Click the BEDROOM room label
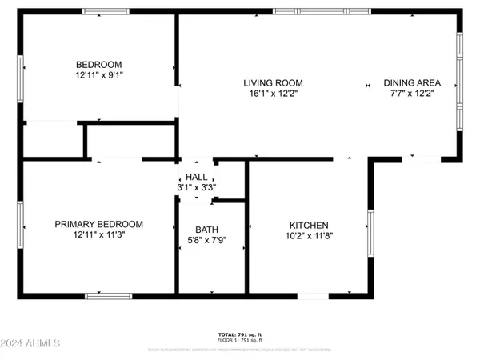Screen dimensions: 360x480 98,65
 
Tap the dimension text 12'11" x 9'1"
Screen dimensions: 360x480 98,75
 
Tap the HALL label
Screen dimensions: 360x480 196,177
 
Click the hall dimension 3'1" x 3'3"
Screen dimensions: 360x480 196,187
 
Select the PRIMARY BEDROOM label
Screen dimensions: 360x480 98,224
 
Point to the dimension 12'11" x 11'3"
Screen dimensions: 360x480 98,234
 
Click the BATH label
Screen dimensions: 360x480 196,228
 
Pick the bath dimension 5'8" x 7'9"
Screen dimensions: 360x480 196,238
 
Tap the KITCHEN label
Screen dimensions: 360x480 309,226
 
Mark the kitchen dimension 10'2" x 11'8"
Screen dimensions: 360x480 309,236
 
